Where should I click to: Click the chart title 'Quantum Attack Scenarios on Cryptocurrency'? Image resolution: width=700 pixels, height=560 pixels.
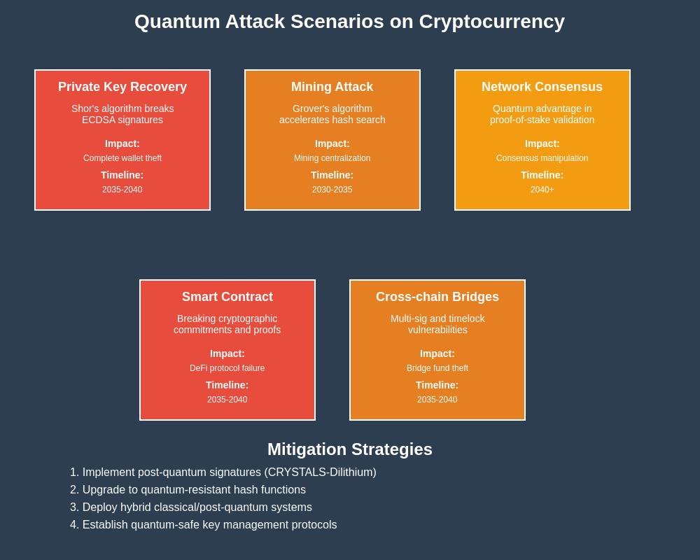coord(349,22)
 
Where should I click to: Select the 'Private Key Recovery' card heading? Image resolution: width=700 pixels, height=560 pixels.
coord(122,87)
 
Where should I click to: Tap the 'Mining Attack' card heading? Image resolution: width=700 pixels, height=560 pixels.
coord(332,87)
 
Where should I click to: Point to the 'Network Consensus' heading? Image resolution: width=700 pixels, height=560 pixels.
coord(542,87)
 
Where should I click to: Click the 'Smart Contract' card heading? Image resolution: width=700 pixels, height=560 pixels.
coord(227,297)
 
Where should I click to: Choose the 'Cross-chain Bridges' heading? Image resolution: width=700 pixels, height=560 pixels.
coord(437,297)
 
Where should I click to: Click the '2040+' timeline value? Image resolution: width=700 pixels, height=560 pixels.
coord(542,190)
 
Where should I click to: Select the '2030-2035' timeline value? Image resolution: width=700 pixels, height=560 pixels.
coord(332,190)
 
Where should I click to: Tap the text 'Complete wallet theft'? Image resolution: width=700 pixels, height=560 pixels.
coord(122,158)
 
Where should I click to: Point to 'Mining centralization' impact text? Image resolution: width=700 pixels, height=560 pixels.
coord(332,158)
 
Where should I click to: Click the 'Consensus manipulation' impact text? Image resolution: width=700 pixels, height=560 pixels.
coord(542,158)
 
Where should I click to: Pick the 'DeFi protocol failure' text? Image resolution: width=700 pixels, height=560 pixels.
coord(227,368)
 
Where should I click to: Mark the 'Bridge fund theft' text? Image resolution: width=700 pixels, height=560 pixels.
coord(437,368)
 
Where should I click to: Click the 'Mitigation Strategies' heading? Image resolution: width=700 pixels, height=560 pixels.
coord(350,449)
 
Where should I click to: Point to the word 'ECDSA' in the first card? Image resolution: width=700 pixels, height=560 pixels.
coord(97,120)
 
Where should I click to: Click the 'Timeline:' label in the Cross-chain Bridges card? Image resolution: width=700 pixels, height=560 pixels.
coord(437,385)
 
